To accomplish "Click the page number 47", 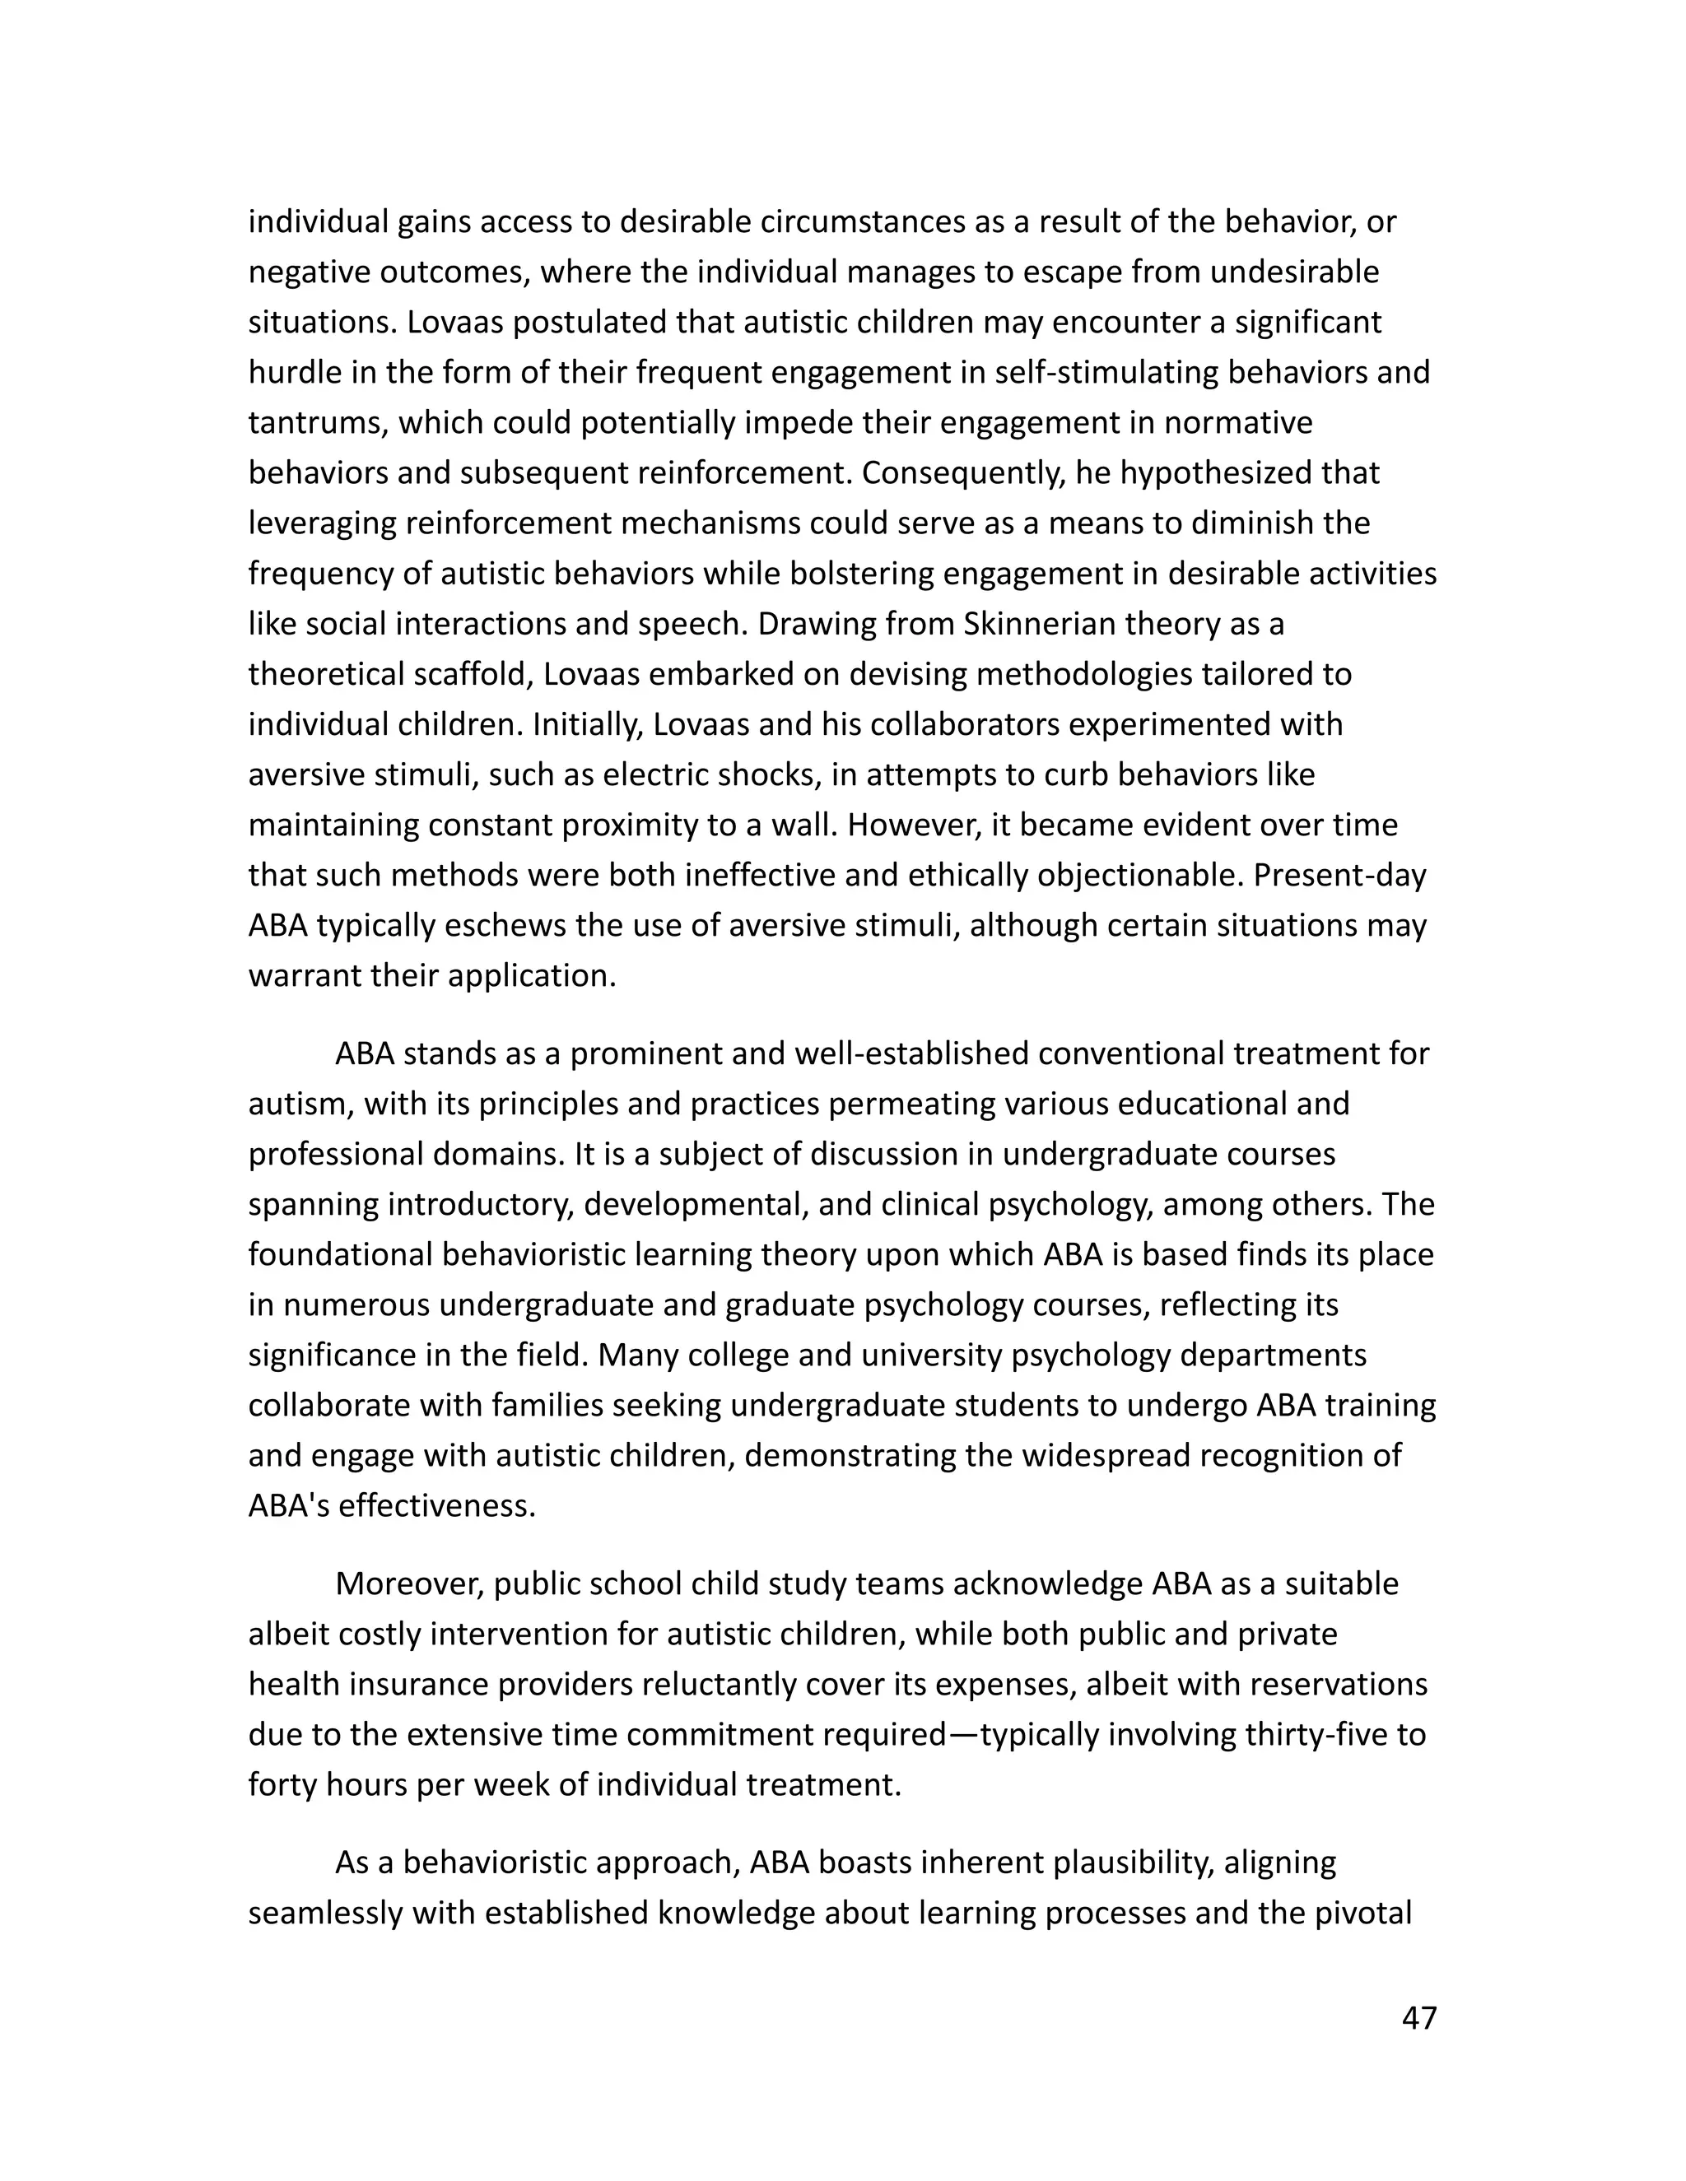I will (1418, 2018).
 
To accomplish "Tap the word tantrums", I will (317, 423).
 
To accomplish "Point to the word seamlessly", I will (324, 1914).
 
